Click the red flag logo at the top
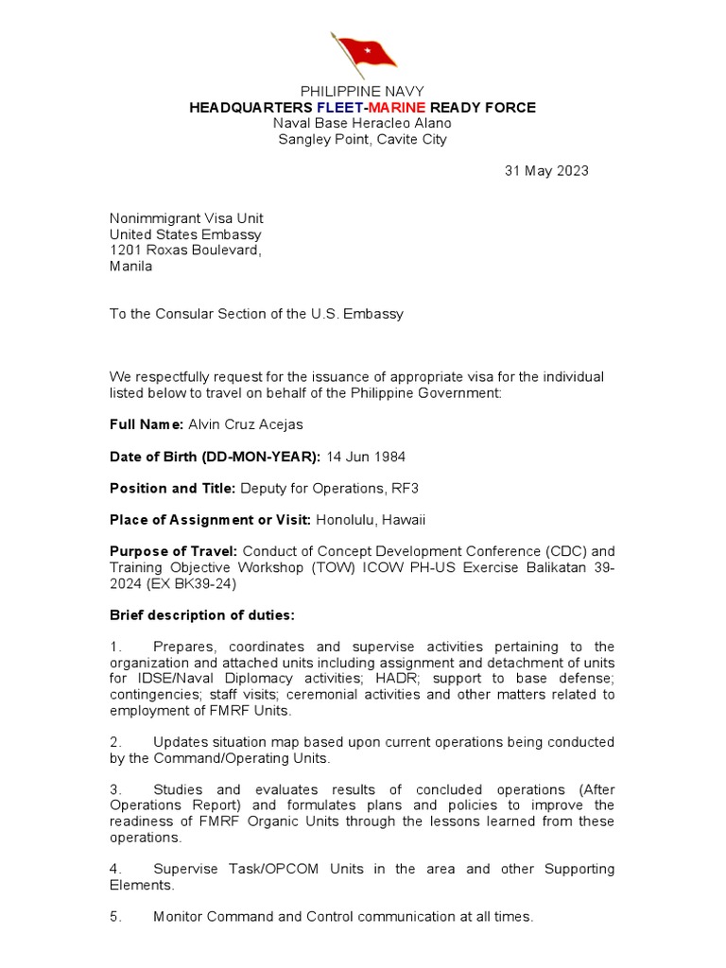[x=361, y=54]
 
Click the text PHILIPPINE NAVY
[x=362, y=91]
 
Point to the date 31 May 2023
[x=546, y=171]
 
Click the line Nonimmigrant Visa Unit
[x=186, y=218]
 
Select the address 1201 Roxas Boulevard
[x=185, y=251]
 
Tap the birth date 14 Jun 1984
[x=366, y=457]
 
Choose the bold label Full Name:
[x=147, y=425]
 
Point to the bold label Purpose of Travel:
[x=174, y=551]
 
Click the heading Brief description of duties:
[x=202, y=615]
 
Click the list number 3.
[x=114, y=789]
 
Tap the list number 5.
[x=114, y=916]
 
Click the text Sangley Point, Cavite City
[x=362, y=140]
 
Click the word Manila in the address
[x=130, y=267]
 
